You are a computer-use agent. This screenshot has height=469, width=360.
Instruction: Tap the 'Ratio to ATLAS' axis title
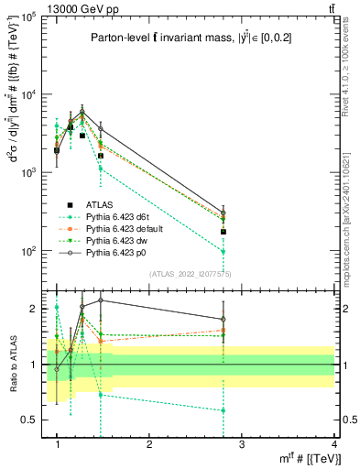coord(13,365)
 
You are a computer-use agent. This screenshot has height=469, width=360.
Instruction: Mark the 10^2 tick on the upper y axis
coord(29,250)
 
